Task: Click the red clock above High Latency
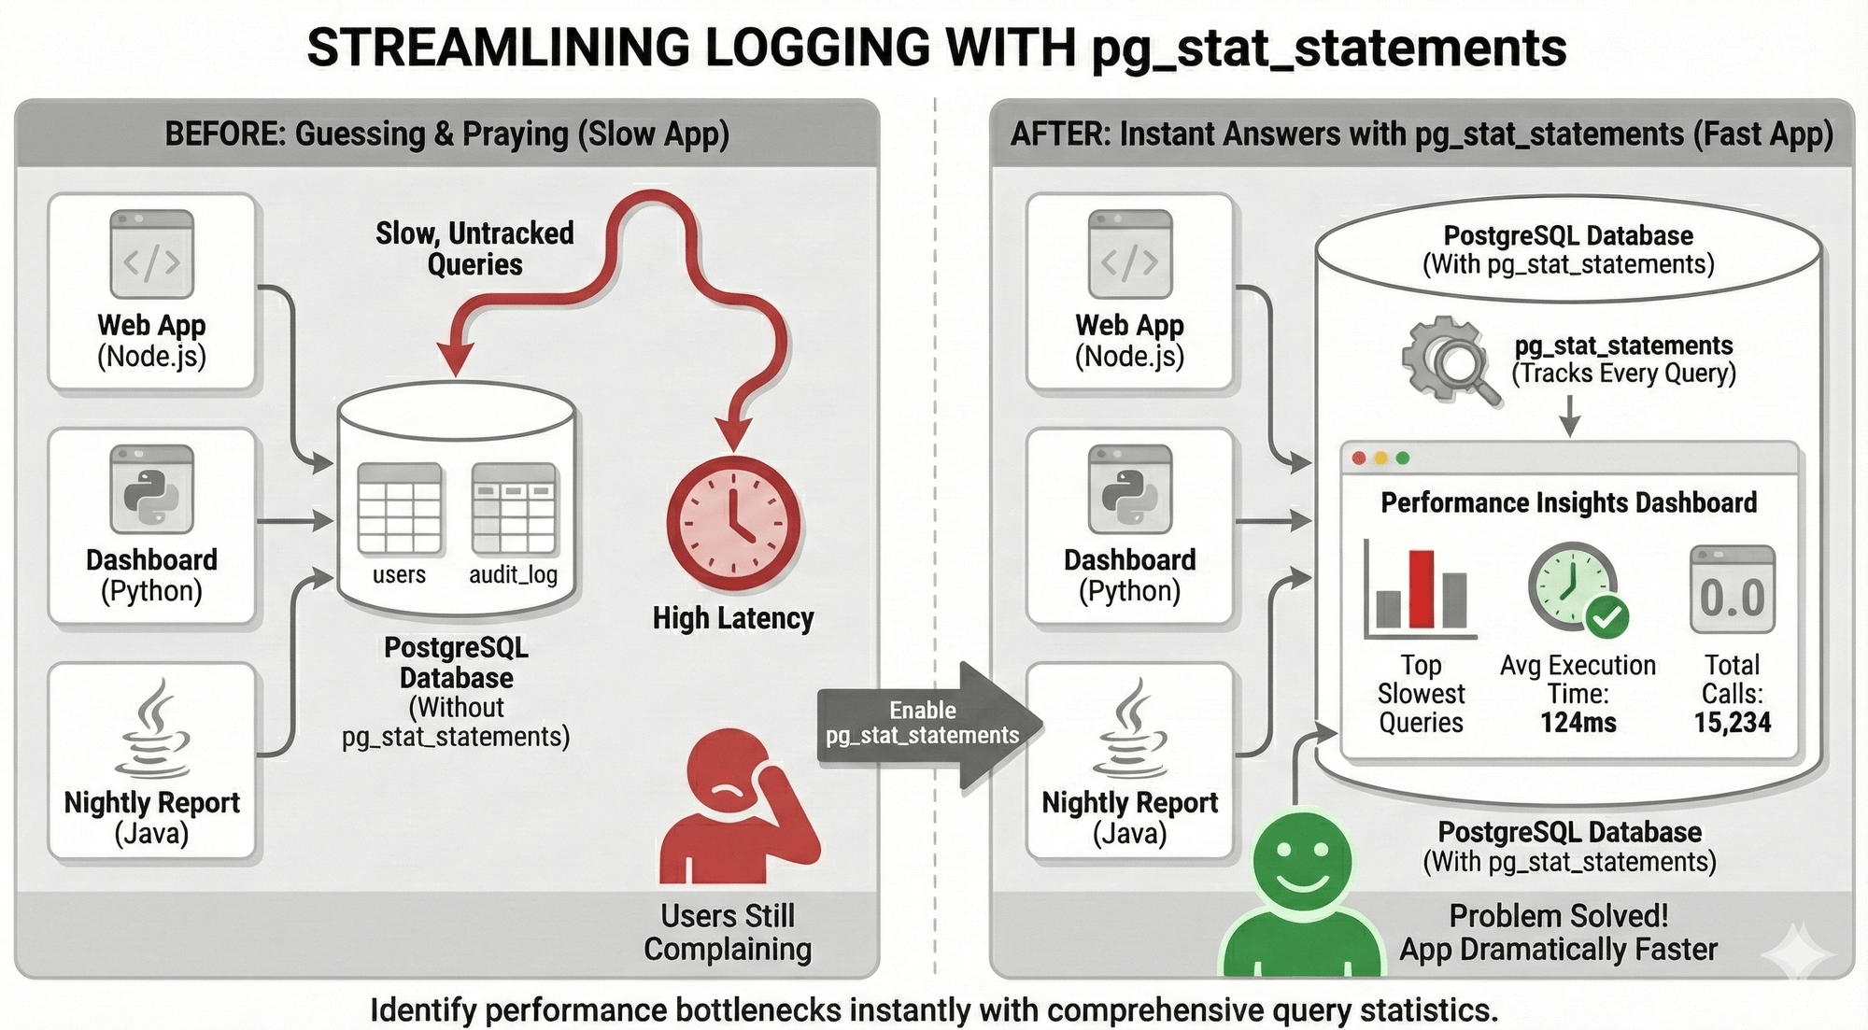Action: click(x=733, y=522)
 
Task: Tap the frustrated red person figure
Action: click(x=733, y=812)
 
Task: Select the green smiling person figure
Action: click(x=1302, y=896)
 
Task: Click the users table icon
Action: click(x=400, y=509)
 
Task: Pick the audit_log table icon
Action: click(x=514, y=509)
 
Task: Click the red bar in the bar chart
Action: click(x=1421, y=588)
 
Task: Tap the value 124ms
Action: click(x=1578, y=722)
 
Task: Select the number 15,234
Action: click(x=1733, y=722)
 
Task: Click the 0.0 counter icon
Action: click(x=1732, y=590)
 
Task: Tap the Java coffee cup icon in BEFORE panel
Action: click(x=152, y=728)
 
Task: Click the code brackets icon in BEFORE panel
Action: click(x=151, y=254)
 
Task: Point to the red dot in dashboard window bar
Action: click(x=1359, y=459)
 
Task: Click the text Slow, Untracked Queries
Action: click(x=474, y=248)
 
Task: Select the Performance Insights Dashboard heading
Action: click(x=1568, y=503)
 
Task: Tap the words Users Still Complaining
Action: click(x=728, y=932)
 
